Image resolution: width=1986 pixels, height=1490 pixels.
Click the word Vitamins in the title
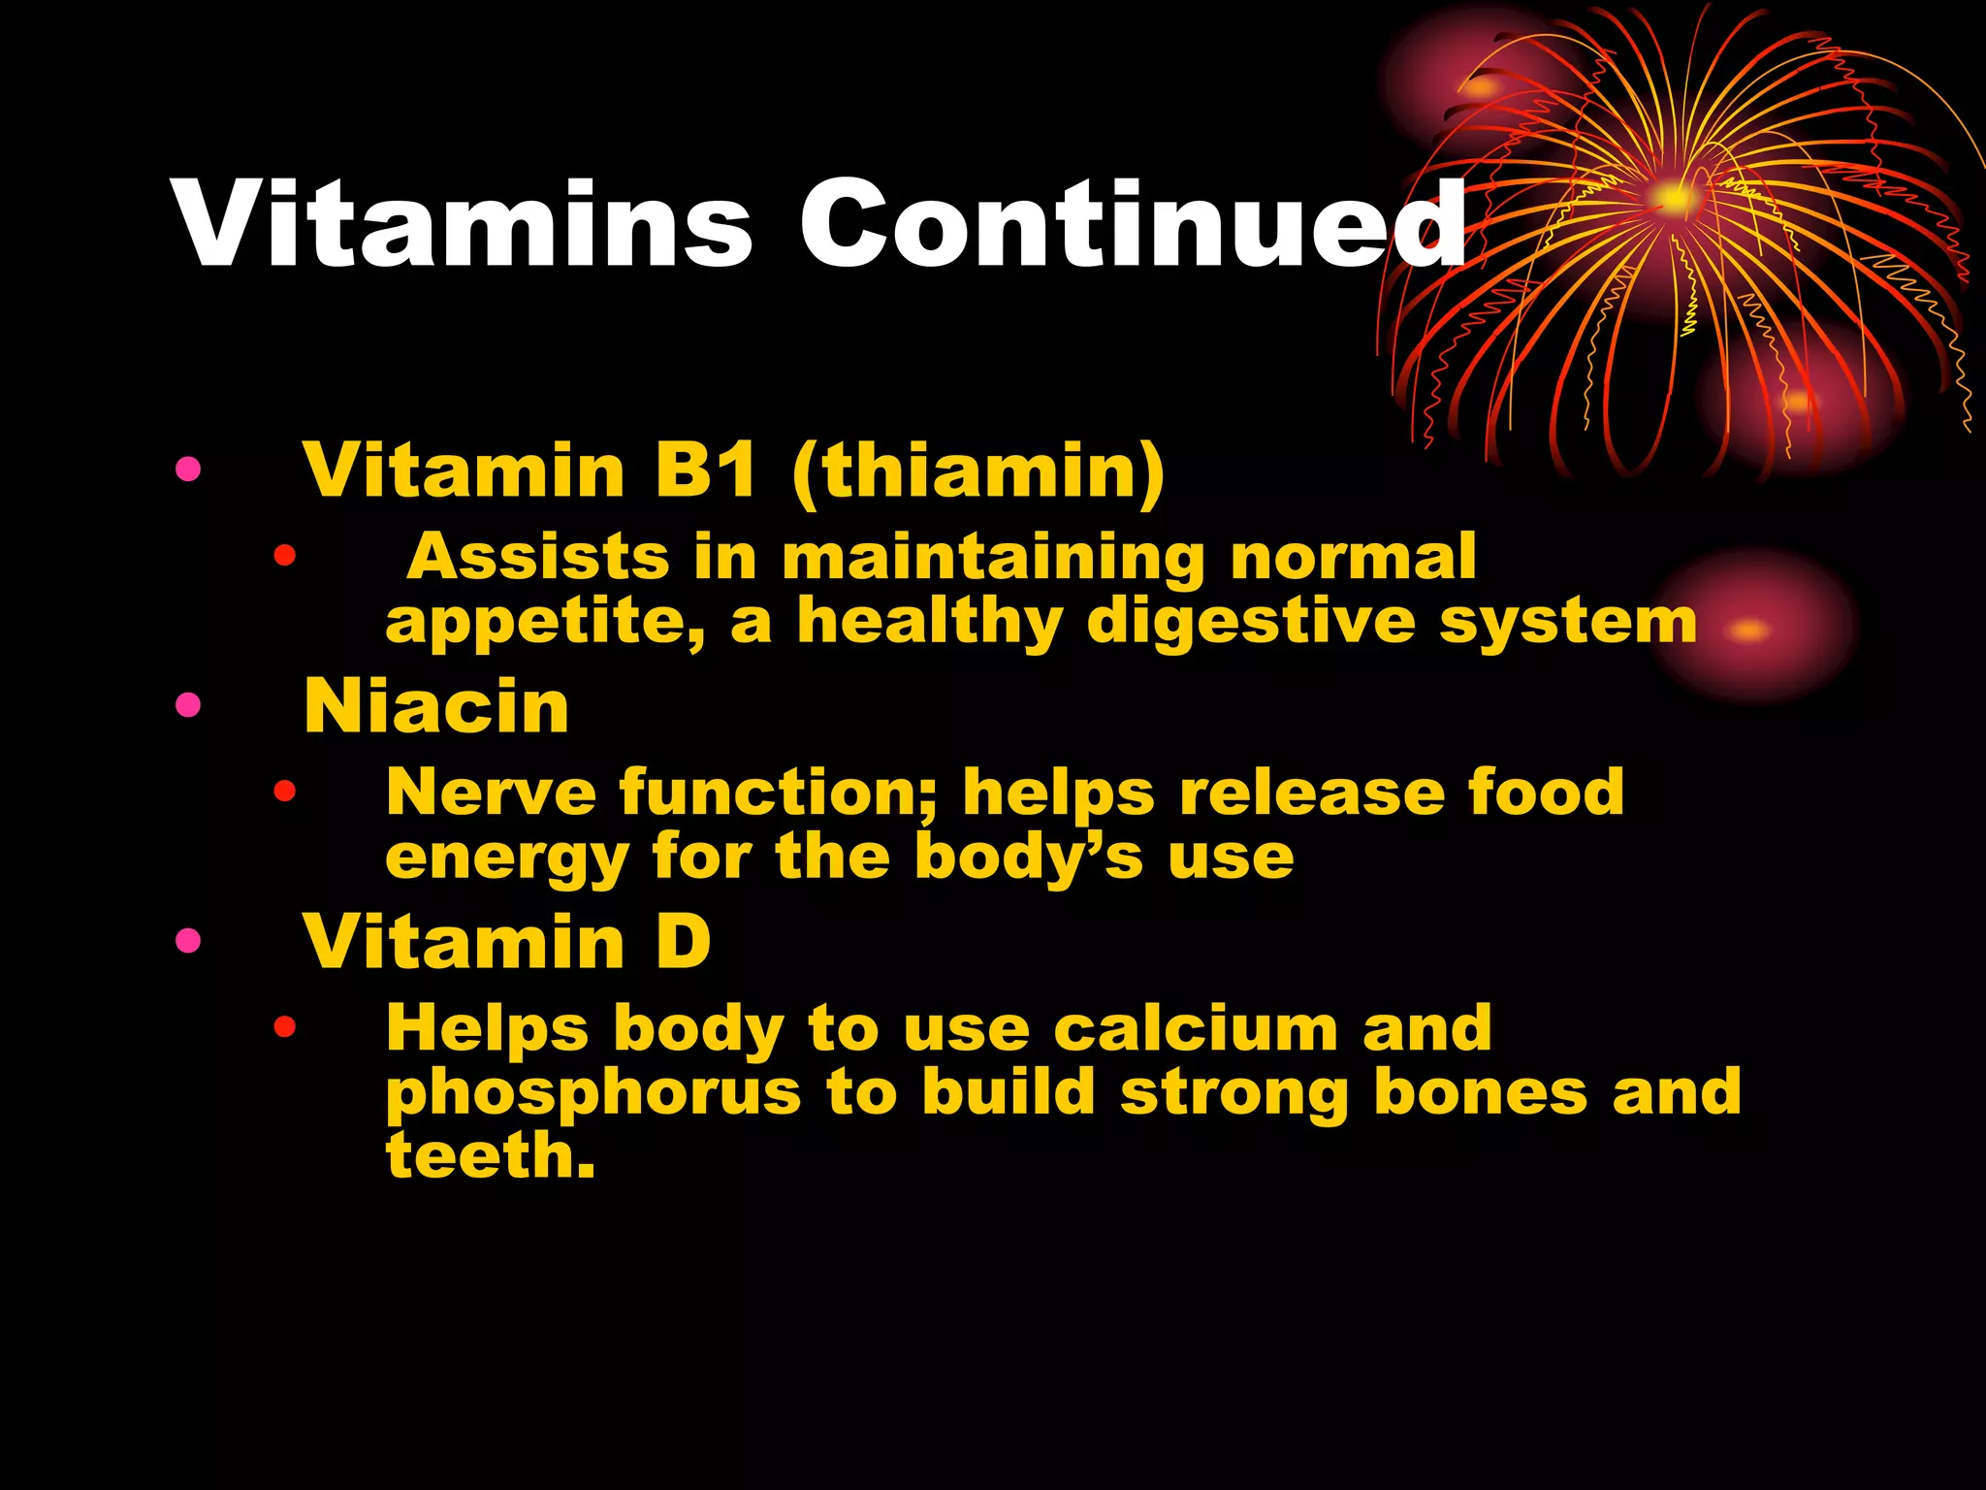point(464,225)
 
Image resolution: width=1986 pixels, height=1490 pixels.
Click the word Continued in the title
point(1133,225)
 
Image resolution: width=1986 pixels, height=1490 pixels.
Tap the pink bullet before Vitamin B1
point(188,470)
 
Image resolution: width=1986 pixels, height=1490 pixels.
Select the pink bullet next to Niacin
point(188,705)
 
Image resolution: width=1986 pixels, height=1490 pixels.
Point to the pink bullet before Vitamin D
point(188,940)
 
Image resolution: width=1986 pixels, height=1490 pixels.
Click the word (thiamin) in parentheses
point(978,471)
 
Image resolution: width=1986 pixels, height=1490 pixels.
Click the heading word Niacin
point(436,706)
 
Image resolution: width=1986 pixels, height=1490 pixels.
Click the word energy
point(507,858)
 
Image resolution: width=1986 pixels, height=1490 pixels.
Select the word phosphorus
point(593,1093)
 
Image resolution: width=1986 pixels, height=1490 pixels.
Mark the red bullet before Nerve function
point(284,792)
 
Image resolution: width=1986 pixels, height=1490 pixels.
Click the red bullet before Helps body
point(284,1026)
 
